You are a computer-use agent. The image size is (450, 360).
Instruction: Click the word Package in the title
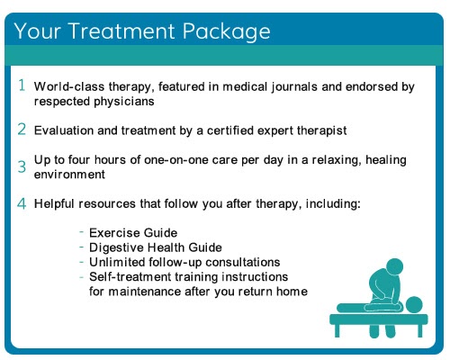[227, 31]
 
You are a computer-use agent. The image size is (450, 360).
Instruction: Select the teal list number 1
[22, 85]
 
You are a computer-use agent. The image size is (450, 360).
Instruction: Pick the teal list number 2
[22, 130]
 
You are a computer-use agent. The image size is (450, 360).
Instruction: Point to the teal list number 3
[22, 166]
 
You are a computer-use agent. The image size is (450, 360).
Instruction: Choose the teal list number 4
[22, 203]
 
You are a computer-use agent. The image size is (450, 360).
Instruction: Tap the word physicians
[124, 102]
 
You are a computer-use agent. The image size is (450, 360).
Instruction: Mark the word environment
[69, 175]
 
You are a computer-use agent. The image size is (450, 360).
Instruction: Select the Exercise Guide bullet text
[133, 233]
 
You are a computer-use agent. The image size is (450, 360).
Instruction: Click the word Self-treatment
[130, 277]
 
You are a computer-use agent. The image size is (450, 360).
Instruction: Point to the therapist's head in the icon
[394, 267]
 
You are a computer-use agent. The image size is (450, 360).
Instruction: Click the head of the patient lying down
[414, 305]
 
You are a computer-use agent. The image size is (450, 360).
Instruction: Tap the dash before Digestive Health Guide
[81, 247]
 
